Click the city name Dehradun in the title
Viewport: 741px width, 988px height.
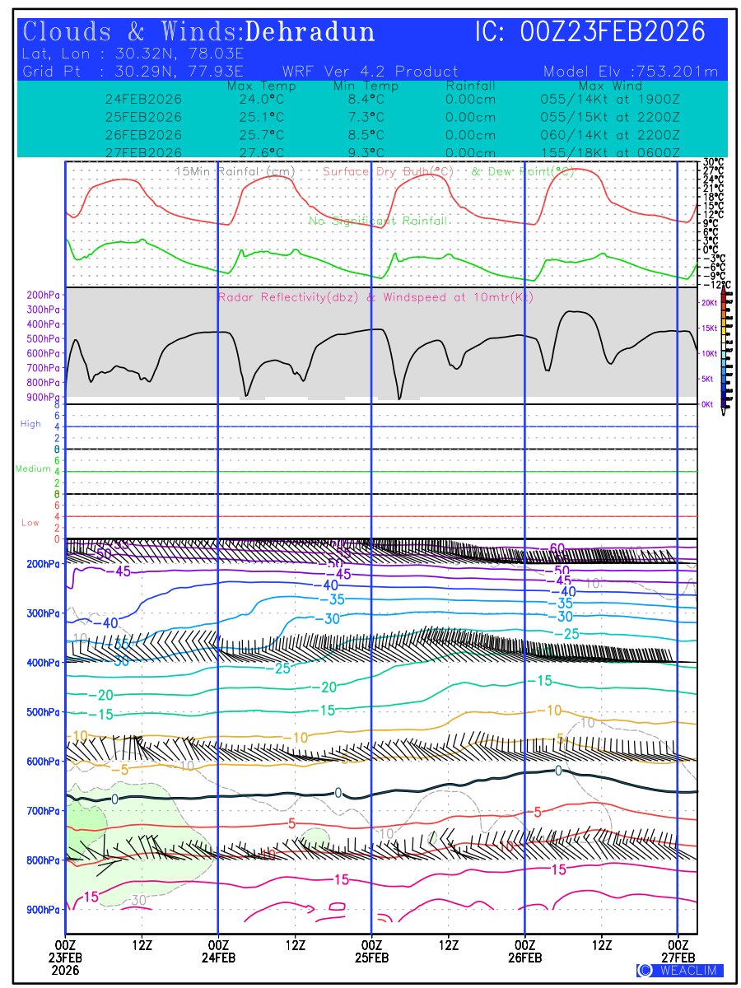tap(310, 32)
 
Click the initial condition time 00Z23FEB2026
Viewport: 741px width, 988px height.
tap(613, 32)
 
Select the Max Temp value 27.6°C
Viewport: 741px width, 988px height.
tap(256, 152)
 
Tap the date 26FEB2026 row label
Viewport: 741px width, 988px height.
tap(143, 134)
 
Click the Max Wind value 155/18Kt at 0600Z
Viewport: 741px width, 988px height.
tap(610, 152)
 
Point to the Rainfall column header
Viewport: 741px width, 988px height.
tap(470, 86)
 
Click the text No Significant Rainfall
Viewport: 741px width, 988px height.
tap(378, 221)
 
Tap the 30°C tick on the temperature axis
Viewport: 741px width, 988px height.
tap(713, 162)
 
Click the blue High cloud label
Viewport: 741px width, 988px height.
tap(30, 424)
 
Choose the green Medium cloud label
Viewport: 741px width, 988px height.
tap(33, 469)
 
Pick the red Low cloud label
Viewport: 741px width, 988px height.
tap(30, 523)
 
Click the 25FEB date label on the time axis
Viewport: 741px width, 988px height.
tap(371, 958)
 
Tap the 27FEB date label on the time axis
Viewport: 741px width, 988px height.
tap(678, 958)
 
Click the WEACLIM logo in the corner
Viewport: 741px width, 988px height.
tap(680, 971)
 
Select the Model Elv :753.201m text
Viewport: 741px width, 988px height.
tap(631, 72)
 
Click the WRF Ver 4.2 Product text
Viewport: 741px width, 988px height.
tap(370, 72)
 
